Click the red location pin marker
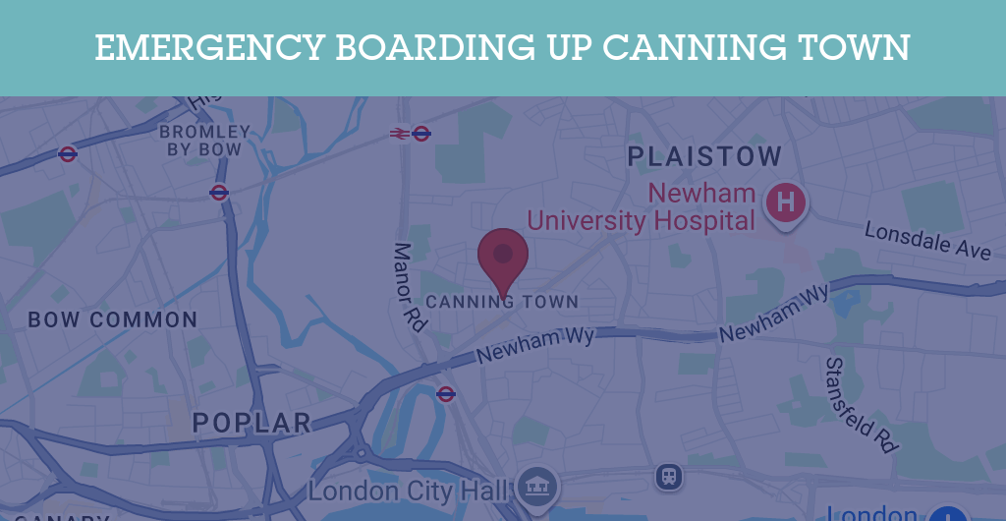pos(503,256)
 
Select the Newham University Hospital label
pos(641,206)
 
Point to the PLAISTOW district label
pos(704,156)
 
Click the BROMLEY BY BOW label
pos(204,141)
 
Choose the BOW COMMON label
pos(113,319)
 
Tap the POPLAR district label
pos(251,424)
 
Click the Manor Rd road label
pos(410,286)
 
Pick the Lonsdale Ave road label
pos(927,241)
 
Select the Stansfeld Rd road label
pos(862,404)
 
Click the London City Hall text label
pos(409,491)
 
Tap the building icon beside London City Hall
pos(537,485)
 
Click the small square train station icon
pos(669,477)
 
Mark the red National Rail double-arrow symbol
pos(399,134)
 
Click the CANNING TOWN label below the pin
pos(502,302)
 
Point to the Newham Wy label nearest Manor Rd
pos(536,343)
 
